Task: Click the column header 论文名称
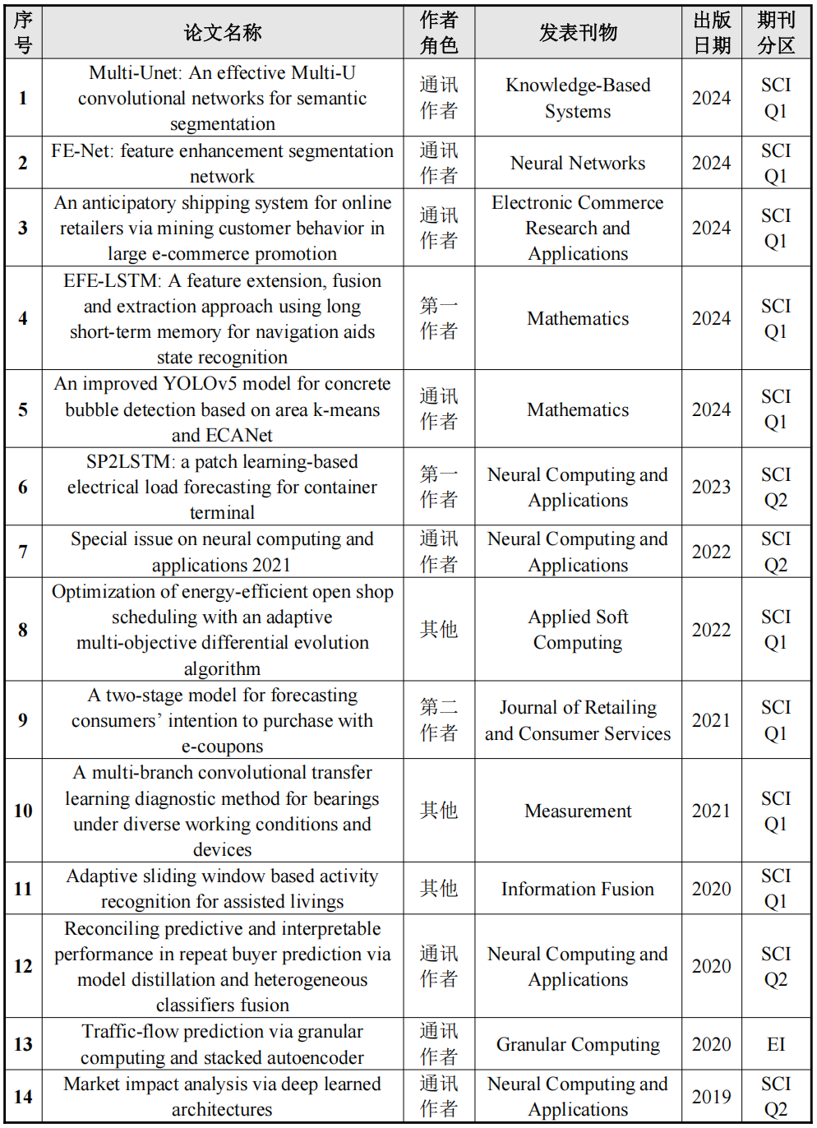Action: coord(223,33)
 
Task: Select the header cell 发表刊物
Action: coord(578,33)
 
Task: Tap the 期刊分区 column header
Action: coord(776,33)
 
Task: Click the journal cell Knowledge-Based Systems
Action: coord(578,98)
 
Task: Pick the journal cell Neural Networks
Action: coord(578,163)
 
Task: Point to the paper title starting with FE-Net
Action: coord(223,163)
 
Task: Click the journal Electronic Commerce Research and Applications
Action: coord(578,228)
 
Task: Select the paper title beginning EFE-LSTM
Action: coord(223,318)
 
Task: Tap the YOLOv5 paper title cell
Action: coord(223,409)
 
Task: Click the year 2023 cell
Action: coord(711,487)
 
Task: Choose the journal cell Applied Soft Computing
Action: coord(578,629)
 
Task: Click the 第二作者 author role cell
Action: coord(439,719)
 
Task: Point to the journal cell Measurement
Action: coord(578,811)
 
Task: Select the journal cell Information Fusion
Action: coord(578,889)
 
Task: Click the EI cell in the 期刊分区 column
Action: coord(776,1044)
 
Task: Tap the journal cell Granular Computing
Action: coord(578,1044)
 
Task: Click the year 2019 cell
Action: coord(711,1097)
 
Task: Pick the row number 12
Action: coord(23,966)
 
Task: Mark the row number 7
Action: coord(23,552)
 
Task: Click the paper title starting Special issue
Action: coord(223,552)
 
